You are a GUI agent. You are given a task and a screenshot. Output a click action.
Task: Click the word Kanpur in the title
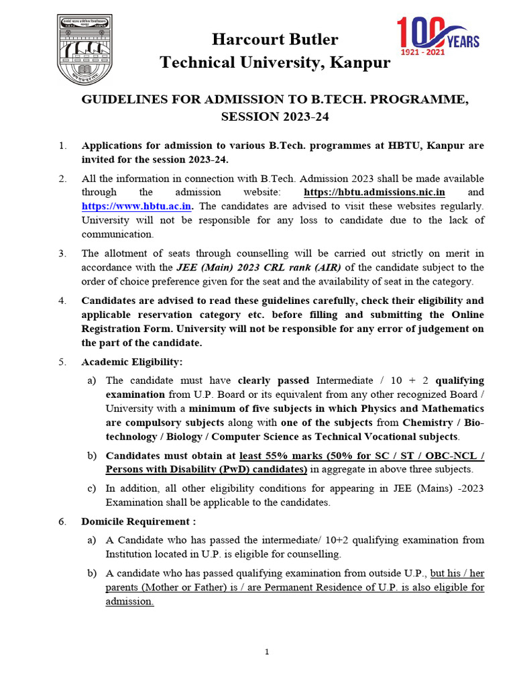(361, 63)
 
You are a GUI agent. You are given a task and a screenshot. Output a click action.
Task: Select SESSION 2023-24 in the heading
(275, 117)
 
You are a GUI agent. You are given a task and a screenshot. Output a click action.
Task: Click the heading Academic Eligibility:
(131, 362)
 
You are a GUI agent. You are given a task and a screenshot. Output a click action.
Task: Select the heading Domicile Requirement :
(139, 521)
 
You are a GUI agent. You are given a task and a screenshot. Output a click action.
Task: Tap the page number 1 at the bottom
(266, 652)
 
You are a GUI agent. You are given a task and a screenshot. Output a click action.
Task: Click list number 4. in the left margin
(62, 301)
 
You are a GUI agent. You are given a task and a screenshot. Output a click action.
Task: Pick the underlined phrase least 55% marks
(278, 456)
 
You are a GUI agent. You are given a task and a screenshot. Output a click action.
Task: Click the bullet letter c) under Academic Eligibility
(91, 488)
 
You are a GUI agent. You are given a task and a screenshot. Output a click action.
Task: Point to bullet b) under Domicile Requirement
(91, 573)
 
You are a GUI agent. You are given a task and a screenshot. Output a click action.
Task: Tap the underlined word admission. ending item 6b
(129, 601)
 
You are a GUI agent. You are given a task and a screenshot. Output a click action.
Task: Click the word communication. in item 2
(117, 234)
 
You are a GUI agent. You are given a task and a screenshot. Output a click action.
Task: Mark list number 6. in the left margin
(62, 521)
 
